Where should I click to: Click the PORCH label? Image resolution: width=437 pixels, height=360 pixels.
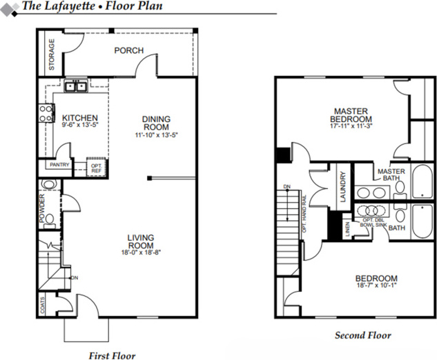(128, 50)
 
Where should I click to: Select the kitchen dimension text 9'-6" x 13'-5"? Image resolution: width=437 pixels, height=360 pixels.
(80, 126)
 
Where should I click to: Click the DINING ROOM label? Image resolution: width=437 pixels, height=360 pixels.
(156, 123)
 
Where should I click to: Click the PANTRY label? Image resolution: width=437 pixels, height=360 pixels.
(59, 166)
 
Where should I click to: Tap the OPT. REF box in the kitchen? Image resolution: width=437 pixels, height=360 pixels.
(96, 167)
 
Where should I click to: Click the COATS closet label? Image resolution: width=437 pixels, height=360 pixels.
(43, 304)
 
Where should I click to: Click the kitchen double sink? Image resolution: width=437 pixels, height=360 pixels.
(74, 86)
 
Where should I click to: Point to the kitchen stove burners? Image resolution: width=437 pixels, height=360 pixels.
(46, 112)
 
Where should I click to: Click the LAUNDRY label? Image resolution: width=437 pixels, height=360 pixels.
(342, 186)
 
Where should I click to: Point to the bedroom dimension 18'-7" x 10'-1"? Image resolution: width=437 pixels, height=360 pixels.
(376, 286)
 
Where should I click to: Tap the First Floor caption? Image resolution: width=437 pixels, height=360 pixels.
(111, 356)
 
